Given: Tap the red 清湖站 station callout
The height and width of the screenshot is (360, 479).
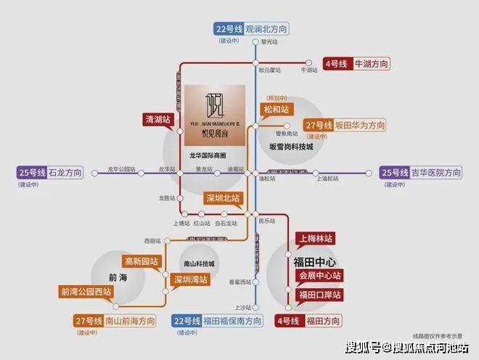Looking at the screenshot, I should pos(157,119).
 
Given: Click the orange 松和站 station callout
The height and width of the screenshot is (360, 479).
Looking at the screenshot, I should pos(276,110).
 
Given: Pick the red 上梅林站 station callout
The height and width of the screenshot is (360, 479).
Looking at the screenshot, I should pos(316,239).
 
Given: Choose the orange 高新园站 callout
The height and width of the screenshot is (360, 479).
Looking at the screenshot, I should pos(141,261).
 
